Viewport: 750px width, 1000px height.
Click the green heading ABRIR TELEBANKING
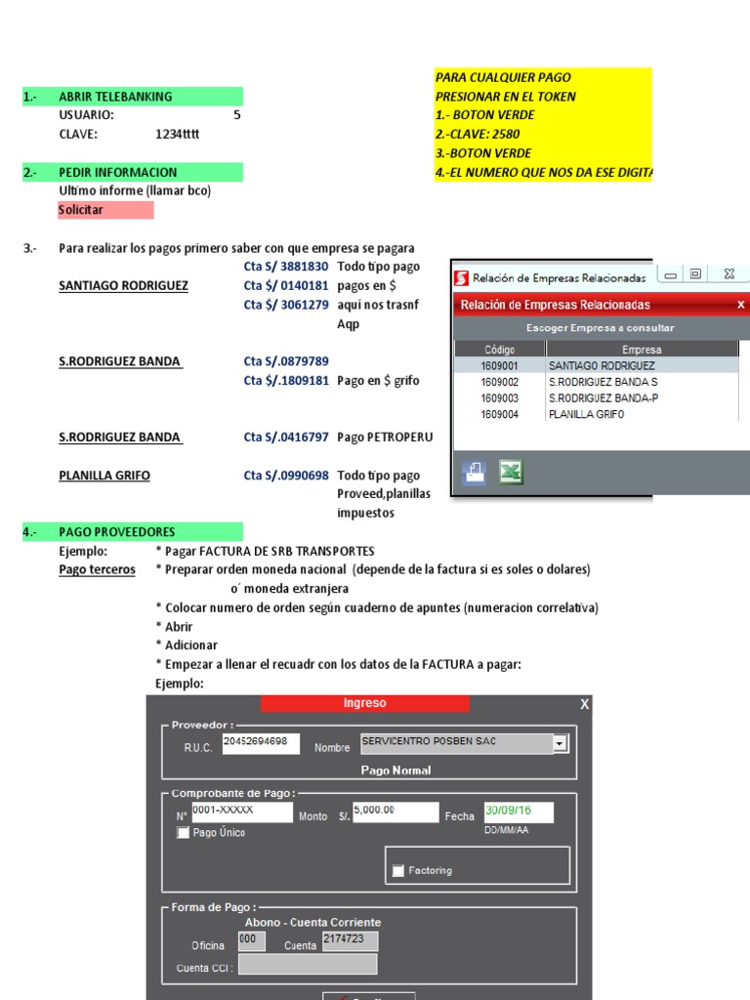tap(115, 97)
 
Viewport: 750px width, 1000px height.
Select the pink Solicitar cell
tap(81, 210)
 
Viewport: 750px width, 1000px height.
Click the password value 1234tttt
tap(177, 134)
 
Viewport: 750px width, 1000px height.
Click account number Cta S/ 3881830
tap(286, 267)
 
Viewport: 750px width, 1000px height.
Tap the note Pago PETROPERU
tap(385, 437)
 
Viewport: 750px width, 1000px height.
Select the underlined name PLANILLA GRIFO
tap(104, 476)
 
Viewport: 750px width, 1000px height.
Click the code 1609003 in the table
tap(499, 398)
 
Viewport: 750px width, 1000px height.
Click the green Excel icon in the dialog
tap(511, 474)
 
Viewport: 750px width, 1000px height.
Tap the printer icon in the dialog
tap(475, 474)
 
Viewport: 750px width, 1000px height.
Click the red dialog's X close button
tap(740, 305)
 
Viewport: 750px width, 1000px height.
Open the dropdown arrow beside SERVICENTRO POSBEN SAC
tap(560, 744)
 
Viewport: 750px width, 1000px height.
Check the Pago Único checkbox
tap(183, 833)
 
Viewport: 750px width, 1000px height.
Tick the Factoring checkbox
tap(397, 870)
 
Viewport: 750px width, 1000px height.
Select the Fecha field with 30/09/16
tap(519, 812)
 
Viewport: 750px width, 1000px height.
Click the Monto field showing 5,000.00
tap(395, 812)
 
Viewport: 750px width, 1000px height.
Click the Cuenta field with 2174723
tap(349, 941)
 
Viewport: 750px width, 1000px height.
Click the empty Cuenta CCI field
tap(308, 965)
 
